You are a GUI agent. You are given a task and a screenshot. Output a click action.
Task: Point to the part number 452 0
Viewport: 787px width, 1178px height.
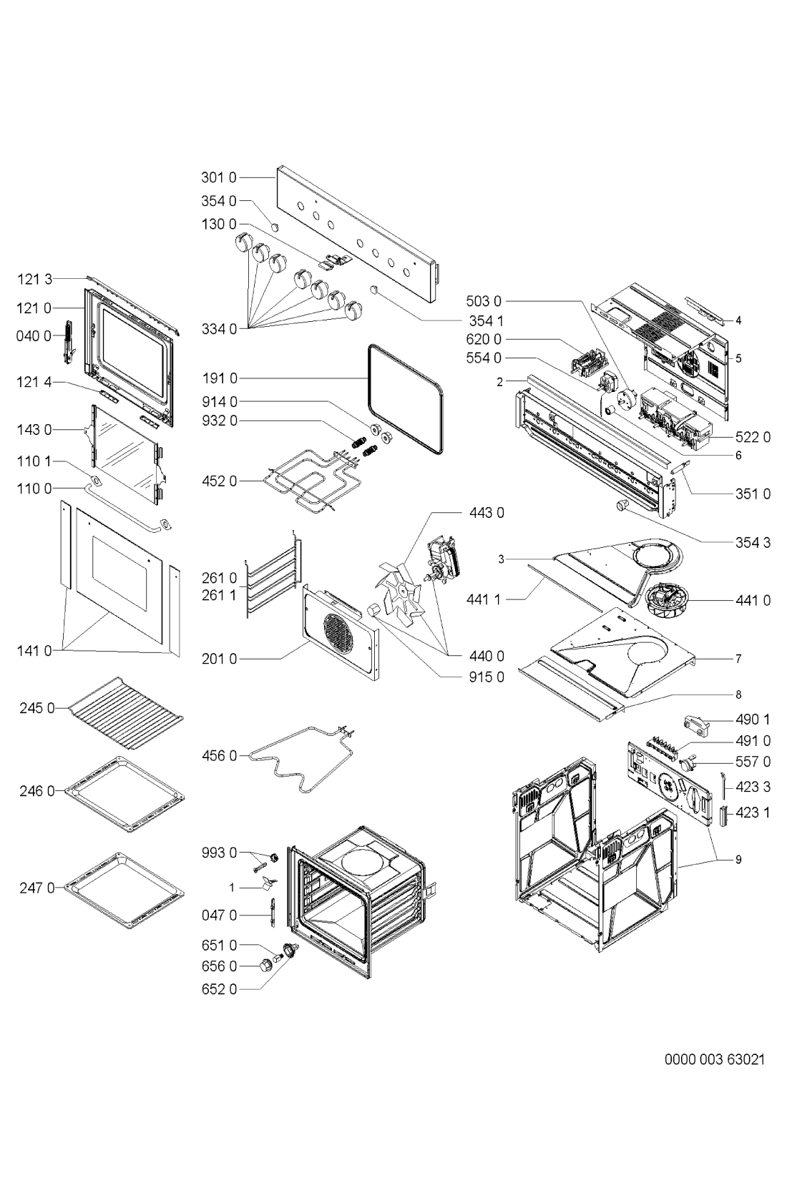pyautogui.click(x=218, y=481)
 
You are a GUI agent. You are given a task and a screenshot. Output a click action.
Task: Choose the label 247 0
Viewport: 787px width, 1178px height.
pyautogui.click(x=36, y=888)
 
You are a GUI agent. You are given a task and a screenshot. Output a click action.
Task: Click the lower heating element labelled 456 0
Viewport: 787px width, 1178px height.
pyautogui.click(x=300, y=757)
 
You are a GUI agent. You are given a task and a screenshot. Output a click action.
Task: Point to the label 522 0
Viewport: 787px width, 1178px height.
pyautogui.click(x=753, y=438)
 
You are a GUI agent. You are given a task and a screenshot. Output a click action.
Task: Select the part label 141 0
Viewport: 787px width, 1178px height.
pyautogui.click(x=36, y=651)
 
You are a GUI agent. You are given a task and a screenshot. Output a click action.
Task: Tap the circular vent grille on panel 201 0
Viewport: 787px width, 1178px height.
pyautogui.click(x=338, y=632)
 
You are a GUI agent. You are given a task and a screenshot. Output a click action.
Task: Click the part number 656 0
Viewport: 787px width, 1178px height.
pyautogui.click(x=218, y=966)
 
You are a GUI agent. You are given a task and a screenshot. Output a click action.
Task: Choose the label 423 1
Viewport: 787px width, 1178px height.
pyautogui.click(x=753, y=813)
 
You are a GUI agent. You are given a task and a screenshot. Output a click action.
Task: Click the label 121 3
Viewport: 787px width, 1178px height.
pyautogui.click(x=36, y=280)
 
